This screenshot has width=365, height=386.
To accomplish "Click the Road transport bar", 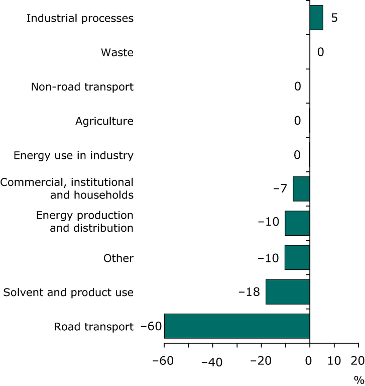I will [236, 326].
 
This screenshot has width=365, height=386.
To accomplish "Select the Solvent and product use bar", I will [288, 292].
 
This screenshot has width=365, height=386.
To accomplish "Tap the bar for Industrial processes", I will [316, 18].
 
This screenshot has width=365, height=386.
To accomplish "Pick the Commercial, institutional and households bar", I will [301, 188].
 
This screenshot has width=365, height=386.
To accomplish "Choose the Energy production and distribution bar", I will [297, 223].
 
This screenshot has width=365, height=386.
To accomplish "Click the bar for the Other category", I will [297, 257].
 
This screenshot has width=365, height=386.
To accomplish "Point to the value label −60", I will [151, 327].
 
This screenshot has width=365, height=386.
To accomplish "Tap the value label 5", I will [334, 18].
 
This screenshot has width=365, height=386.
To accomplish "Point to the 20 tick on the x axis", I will [358, 361].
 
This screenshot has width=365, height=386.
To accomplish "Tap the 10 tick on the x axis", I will [334, 361].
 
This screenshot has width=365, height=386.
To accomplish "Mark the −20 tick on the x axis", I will [261, 361].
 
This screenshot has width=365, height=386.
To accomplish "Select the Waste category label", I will [117, 52].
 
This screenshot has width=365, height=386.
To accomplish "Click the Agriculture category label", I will [104, 121].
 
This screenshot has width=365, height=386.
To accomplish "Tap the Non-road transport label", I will [82, 87].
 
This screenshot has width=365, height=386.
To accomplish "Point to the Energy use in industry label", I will [73, 155].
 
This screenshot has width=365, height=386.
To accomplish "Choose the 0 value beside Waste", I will [321, 52].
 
